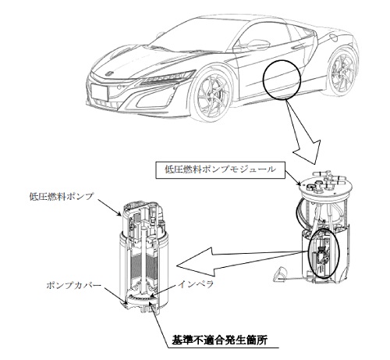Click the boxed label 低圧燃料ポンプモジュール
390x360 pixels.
pos(220,170)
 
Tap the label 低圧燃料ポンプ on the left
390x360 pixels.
pos(61,196)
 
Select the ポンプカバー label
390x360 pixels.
pos(73,285)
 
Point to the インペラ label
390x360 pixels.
pos(196,283)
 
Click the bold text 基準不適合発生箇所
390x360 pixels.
pos(219,340)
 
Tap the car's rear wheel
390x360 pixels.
pos(342,73)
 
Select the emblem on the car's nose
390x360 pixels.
pos(109,73)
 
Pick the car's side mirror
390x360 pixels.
pos(252,45)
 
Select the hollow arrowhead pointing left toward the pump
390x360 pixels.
pos(197,262)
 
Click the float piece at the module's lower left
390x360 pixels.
pos(279,274)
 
